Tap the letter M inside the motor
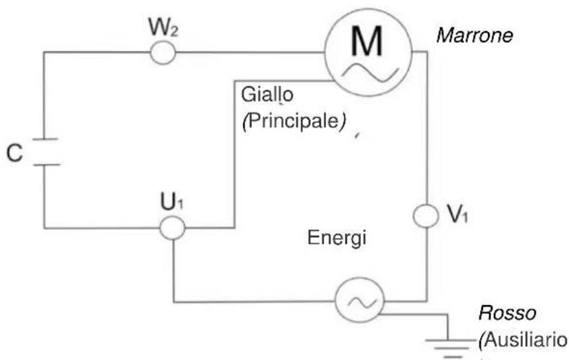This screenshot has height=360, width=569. click(368, 43)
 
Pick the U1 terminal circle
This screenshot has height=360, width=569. click(173, 228)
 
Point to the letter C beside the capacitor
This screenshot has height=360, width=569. click(13, 154)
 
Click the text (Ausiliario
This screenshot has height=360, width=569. click(519, 338)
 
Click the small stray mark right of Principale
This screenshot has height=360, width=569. click(357, 134)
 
